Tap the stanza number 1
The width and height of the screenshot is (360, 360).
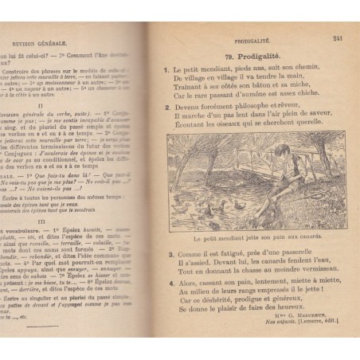(167, 70)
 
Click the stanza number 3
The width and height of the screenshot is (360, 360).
(170, 254)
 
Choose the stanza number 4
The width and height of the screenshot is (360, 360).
(170, 282)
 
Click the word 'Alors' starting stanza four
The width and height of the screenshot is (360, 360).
(187, 282)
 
